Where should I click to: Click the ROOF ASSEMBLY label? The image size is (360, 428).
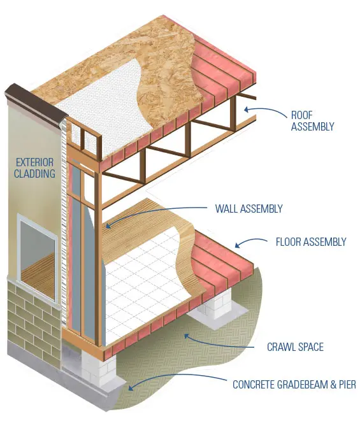[312, 121]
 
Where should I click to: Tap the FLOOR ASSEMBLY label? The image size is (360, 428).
[310, 242]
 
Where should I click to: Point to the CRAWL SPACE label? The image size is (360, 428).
[294, 347]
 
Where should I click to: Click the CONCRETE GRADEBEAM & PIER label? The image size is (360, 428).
[294, 385]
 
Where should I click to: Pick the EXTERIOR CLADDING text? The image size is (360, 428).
[36, 168]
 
